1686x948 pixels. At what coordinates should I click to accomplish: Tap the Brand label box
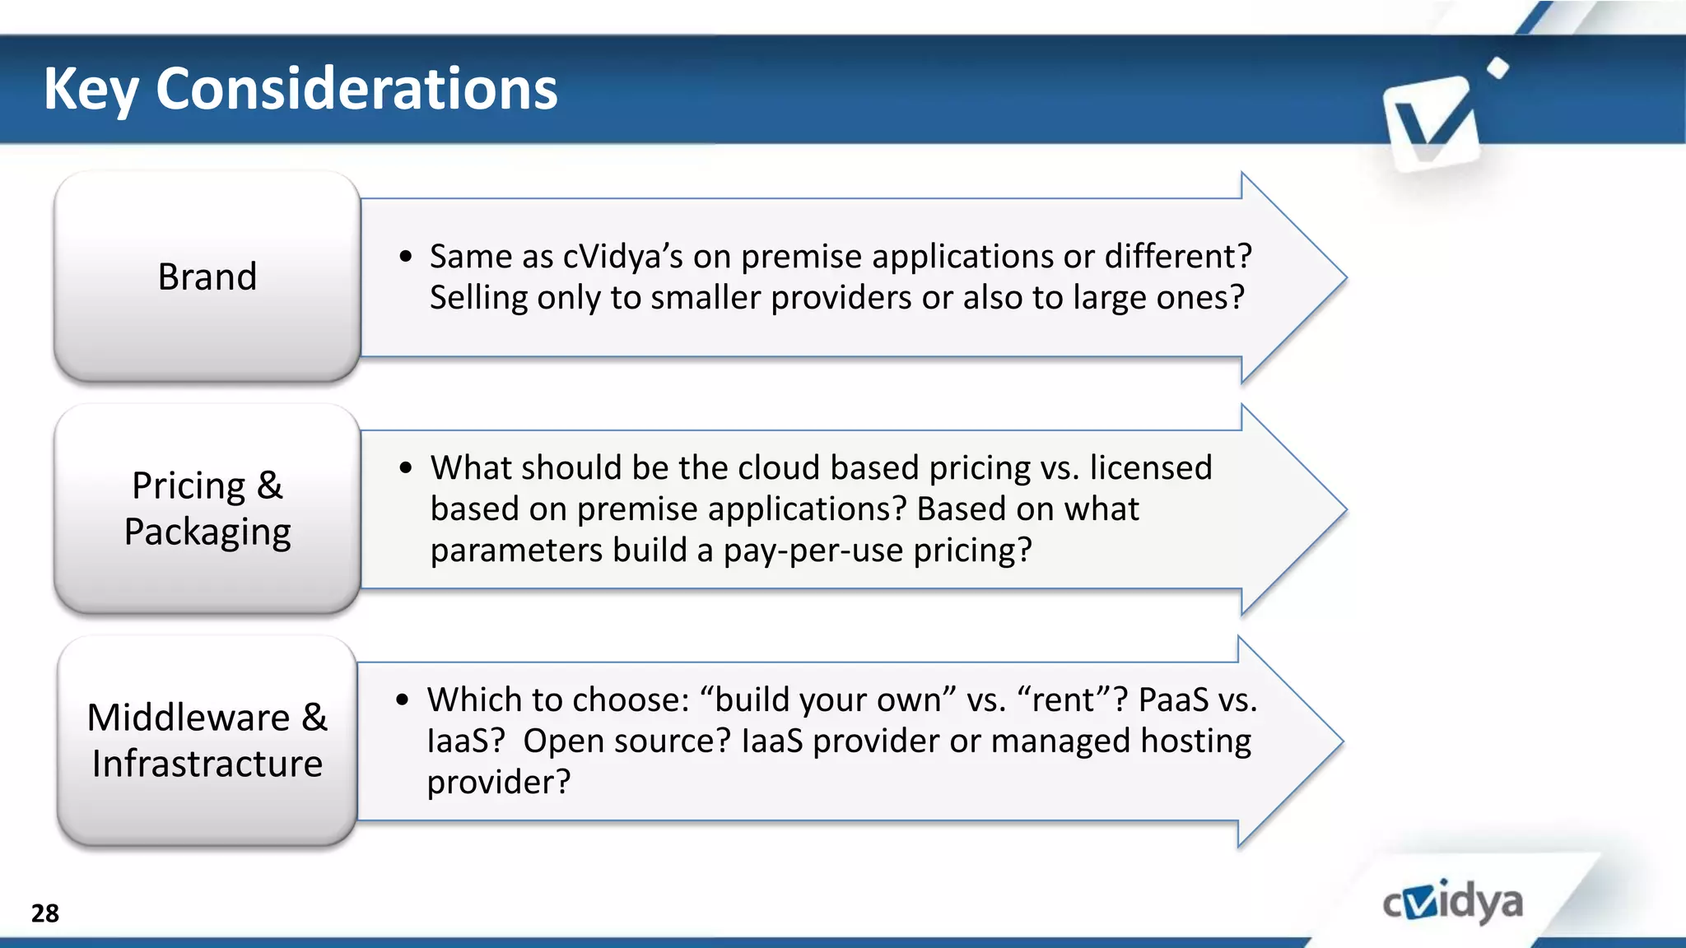[207, 276]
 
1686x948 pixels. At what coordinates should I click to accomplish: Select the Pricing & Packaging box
[207, 509]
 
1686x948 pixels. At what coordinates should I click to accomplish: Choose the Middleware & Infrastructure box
[207, 741]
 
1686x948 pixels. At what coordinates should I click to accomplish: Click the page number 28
[45, 913]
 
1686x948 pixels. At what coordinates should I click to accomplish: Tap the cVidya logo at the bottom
[1452, 903]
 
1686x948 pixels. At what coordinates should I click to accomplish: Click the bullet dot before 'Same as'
[405, 257]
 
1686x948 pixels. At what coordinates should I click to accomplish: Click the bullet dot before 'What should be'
[405, 468]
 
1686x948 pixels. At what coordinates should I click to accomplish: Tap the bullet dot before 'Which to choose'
[402, 700]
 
